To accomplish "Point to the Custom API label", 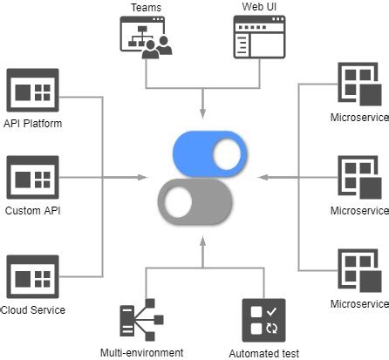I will [33, 211].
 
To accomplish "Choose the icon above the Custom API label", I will [32, 179].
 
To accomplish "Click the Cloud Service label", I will [33, 309].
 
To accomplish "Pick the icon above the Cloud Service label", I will [32, 277].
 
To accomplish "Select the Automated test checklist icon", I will [263, 322].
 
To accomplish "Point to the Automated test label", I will [263, 353].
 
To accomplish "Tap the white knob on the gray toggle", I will [179, 202].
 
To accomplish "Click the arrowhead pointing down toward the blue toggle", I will [203, 114].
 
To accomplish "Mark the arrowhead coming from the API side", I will [141, 178].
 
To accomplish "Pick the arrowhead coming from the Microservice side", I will [263, 178].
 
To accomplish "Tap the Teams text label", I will [146, 8].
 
